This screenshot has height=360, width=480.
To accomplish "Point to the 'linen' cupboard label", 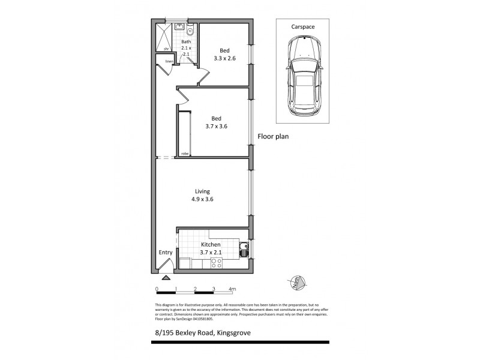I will (x=170, y=61).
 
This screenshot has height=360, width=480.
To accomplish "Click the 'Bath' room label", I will (x=186, y=41).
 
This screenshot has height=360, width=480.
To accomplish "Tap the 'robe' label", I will (x=185, y=154).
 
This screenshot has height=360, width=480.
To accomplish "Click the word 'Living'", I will (x=202, y=191).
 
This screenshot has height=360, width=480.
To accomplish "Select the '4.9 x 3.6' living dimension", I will (x=202, y=200).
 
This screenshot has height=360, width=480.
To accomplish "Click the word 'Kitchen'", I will (x=211, y=245).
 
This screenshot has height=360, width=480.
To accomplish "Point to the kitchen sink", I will (x=244, y=251).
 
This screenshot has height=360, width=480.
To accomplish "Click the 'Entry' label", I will (x=166, y=253).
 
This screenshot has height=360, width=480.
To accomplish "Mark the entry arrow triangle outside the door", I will (x=166, y=277).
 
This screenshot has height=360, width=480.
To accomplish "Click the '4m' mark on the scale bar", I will (x=232, y=289).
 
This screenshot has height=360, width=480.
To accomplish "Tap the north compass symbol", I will (x=295, y=280).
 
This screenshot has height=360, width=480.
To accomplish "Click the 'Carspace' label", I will (x=304, y=28).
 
